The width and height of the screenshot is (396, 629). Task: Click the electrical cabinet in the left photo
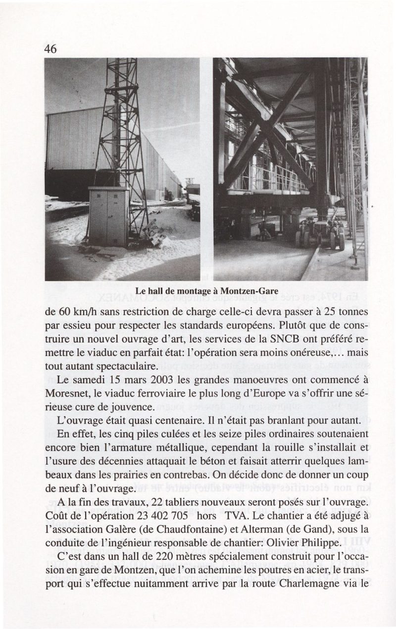(108, 216)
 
